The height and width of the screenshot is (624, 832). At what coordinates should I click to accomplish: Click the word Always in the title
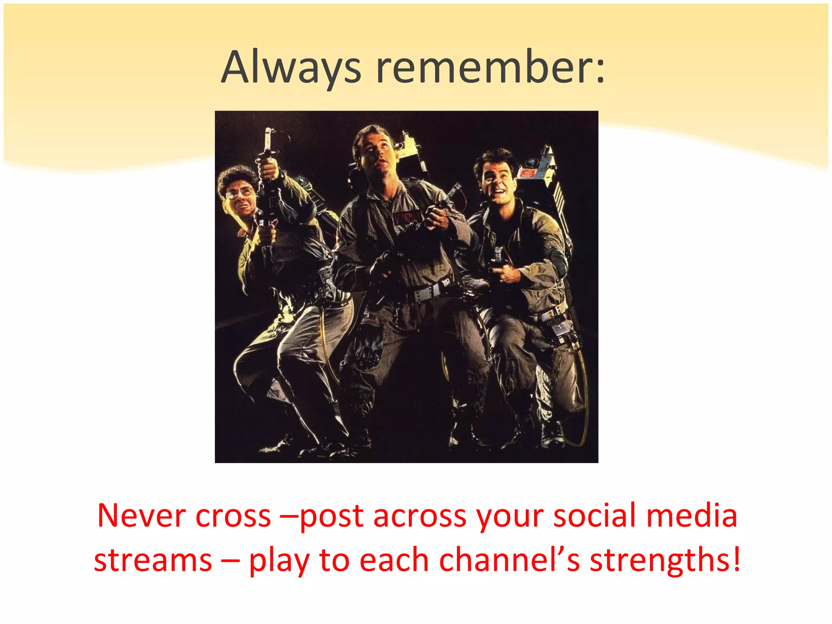[x=291, y=67]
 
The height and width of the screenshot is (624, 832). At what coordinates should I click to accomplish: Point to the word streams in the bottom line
[x=153, y=561]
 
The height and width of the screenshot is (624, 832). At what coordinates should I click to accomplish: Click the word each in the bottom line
[x=394, y=561]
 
